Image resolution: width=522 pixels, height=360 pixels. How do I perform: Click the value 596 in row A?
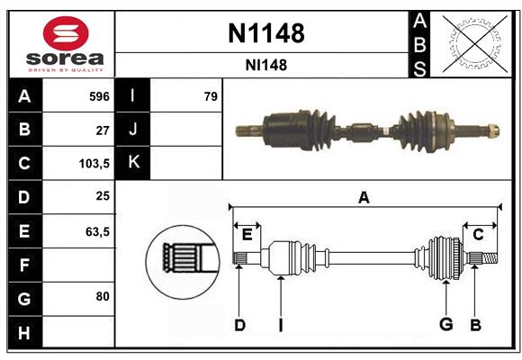coord(99,96)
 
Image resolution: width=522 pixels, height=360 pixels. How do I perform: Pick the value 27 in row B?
coord(102,130)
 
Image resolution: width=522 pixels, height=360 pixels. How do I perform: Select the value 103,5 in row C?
coord(94,164)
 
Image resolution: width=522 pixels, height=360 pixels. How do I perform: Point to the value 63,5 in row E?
coord(96,231)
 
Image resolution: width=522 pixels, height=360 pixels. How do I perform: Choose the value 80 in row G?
coord(102,295)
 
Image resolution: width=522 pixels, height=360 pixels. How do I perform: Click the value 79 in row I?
coord(211,96)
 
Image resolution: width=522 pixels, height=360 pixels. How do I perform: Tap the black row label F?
coord(25,265)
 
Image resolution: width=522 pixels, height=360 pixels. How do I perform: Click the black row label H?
coord(25,332)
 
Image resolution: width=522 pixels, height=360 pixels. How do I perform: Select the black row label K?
coord(133,163)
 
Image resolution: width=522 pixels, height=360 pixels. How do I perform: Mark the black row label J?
coord(133,130)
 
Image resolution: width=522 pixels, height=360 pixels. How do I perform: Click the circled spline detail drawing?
coord(182,258)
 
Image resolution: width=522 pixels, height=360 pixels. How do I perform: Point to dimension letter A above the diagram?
coord(364,197)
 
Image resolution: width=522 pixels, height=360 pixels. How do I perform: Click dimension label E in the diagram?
coord(247,234)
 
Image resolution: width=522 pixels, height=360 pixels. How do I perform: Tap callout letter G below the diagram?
coord(445,325)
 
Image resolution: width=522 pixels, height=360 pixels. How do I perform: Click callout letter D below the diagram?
coord(239,325)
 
